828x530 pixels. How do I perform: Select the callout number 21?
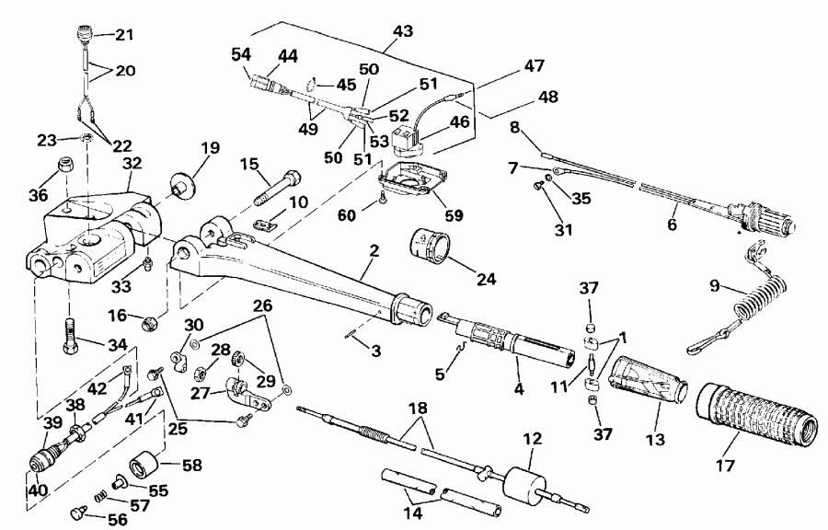pyautogui.click(x=123, y=36)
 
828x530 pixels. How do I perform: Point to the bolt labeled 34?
pyautogui.click(x=69, y=328)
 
